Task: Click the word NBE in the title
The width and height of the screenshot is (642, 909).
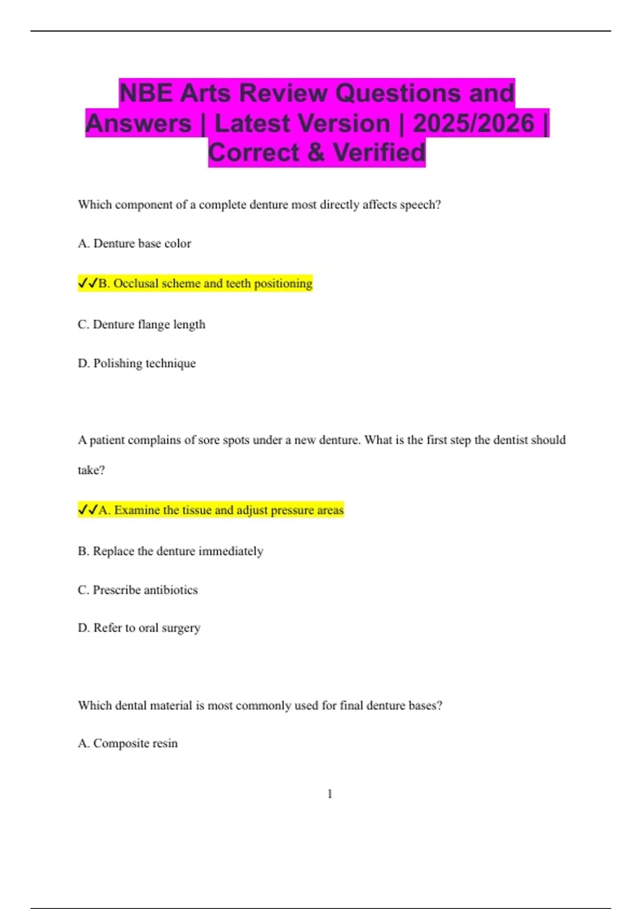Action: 146,93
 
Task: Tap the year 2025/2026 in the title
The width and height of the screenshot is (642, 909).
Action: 473,124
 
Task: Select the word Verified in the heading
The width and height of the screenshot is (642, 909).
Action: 379,153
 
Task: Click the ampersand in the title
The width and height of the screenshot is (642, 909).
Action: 316,153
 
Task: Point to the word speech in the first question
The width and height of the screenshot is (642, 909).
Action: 421,205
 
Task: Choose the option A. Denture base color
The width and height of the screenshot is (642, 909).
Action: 134,244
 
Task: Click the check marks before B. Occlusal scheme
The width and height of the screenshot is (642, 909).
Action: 88,283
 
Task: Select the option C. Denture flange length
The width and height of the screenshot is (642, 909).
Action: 141,325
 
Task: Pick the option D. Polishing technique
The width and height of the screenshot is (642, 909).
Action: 136,364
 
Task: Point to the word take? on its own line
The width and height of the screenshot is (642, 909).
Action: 91,471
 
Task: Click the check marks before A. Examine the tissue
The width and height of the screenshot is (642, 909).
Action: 88,510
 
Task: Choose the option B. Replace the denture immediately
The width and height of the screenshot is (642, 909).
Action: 170,551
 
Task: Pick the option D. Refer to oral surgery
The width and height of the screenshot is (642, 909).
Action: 139,628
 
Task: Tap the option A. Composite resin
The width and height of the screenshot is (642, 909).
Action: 127,744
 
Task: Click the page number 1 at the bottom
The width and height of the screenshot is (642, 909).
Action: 330,794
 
